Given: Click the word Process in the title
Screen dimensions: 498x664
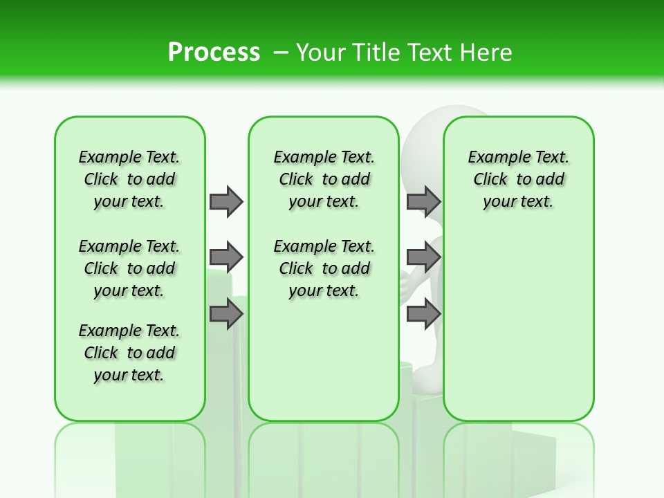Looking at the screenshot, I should pyautogui.click(x=214, y=52).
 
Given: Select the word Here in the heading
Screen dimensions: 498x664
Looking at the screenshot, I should pyautogui.click(x=486, y=53).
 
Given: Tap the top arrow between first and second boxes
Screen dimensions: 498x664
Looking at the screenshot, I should pyautogui.click(x=226, y=201).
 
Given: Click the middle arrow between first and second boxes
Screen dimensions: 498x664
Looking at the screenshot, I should pyautogui.click(x=226, y=258).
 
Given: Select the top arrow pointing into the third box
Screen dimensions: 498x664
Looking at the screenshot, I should pyautogui.click(x=423, y=201).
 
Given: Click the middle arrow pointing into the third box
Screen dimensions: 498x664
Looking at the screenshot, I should pyautogui.click(x=423, y=258).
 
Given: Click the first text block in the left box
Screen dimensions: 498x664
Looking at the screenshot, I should pyautogui.click(x=129, y=179).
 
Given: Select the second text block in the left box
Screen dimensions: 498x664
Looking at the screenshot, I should pyautogui.click(x=129, y=268).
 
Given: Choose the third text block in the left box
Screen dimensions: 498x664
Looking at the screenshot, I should pyautogui.click(x=129, y=353).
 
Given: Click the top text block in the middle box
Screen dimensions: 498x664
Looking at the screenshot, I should pyautogui.click(x=324, y=179).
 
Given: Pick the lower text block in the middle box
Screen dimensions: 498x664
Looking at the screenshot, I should pyautogui.click(x=324, y=268).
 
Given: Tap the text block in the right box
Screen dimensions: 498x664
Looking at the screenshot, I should pyautogui.click(x=518, y=179).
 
